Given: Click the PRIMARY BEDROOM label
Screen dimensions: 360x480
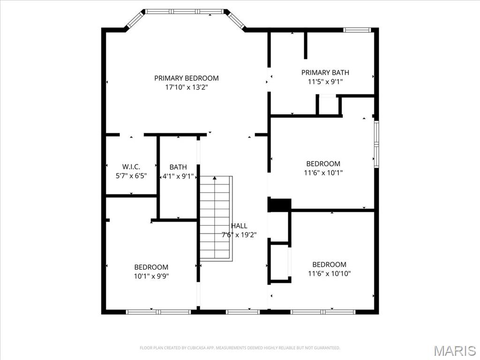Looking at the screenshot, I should tap(187, 78).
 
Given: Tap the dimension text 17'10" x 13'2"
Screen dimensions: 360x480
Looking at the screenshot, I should tap(187, 87).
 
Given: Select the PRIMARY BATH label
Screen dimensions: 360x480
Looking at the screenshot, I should tap(325, 73).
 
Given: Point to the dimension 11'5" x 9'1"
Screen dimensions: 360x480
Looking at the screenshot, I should tap(325, 82).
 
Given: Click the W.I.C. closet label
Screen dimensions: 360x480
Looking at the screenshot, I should tap(131, 167).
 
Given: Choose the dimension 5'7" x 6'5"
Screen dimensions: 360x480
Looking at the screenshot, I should tap(131, 176).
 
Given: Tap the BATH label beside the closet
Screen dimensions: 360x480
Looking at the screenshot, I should tap(178, 167).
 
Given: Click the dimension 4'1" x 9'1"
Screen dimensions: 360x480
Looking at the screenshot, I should tap(178, 176).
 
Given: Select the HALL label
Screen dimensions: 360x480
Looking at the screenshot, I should tap(239, 226).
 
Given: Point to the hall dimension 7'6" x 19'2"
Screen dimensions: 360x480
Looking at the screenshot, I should tap(239, 235).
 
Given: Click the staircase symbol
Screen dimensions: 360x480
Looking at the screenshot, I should tap(216, 218).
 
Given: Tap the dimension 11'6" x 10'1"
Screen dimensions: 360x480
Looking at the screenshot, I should tap(323, 172).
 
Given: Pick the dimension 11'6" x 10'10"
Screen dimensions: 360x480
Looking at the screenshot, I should tap(329, 273).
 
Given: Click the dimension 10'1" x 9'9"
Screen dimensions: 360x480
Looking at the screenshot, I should tap(151, 276).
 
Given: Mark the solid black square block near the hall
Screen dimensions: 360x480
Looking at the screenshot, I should tap(279, 205).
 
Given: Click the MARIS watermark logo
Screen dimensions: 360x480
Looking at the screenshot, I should tap(454, 350).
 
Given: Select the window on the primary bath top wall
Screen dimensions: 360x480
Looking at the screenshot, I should tap(357, 30).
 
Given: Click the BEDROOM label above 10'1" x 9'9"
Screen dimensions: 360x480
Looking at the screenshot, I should tap(151, 267).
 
